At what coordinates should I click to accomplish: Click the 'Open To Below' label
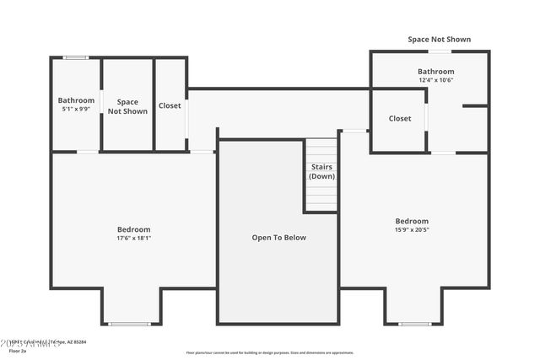click(278, 238)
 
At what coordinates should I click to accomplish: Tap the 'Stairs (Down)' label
click(321, 172)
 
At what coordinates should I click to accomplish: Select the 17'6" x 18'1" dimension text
click(133, 239)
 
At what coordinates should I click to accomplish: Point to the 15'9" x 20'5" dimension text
click(412, 230)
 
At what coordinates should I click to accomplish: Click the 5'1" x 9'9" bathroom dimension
click(76, 110)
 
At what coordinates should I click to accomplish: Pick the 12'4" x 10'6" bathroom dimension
click(435, 81)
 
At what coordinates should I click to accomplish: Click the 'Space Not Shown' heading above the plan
click(439, 40)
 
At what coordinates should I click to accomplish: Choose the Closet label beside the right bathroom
click(400, 119)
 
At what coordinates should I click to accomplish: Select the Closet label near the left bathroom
click(170, 106)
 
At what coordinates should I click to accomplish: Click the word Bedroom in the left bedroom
click(133, 229)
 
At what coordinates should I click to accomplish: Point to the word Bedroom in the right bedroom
click(412, 221)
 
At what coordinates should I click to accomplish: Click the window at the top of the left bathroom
click(76, 57)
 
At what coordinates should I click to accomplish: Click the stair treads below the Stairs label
click(321, 198)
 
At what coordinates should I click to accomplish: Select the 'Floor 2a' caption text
click(11, 352)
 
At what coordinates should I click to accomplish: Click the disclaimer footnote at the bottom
click(270, 353)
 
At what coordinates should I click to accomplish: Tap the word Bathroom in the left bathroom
click(76, 100)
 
